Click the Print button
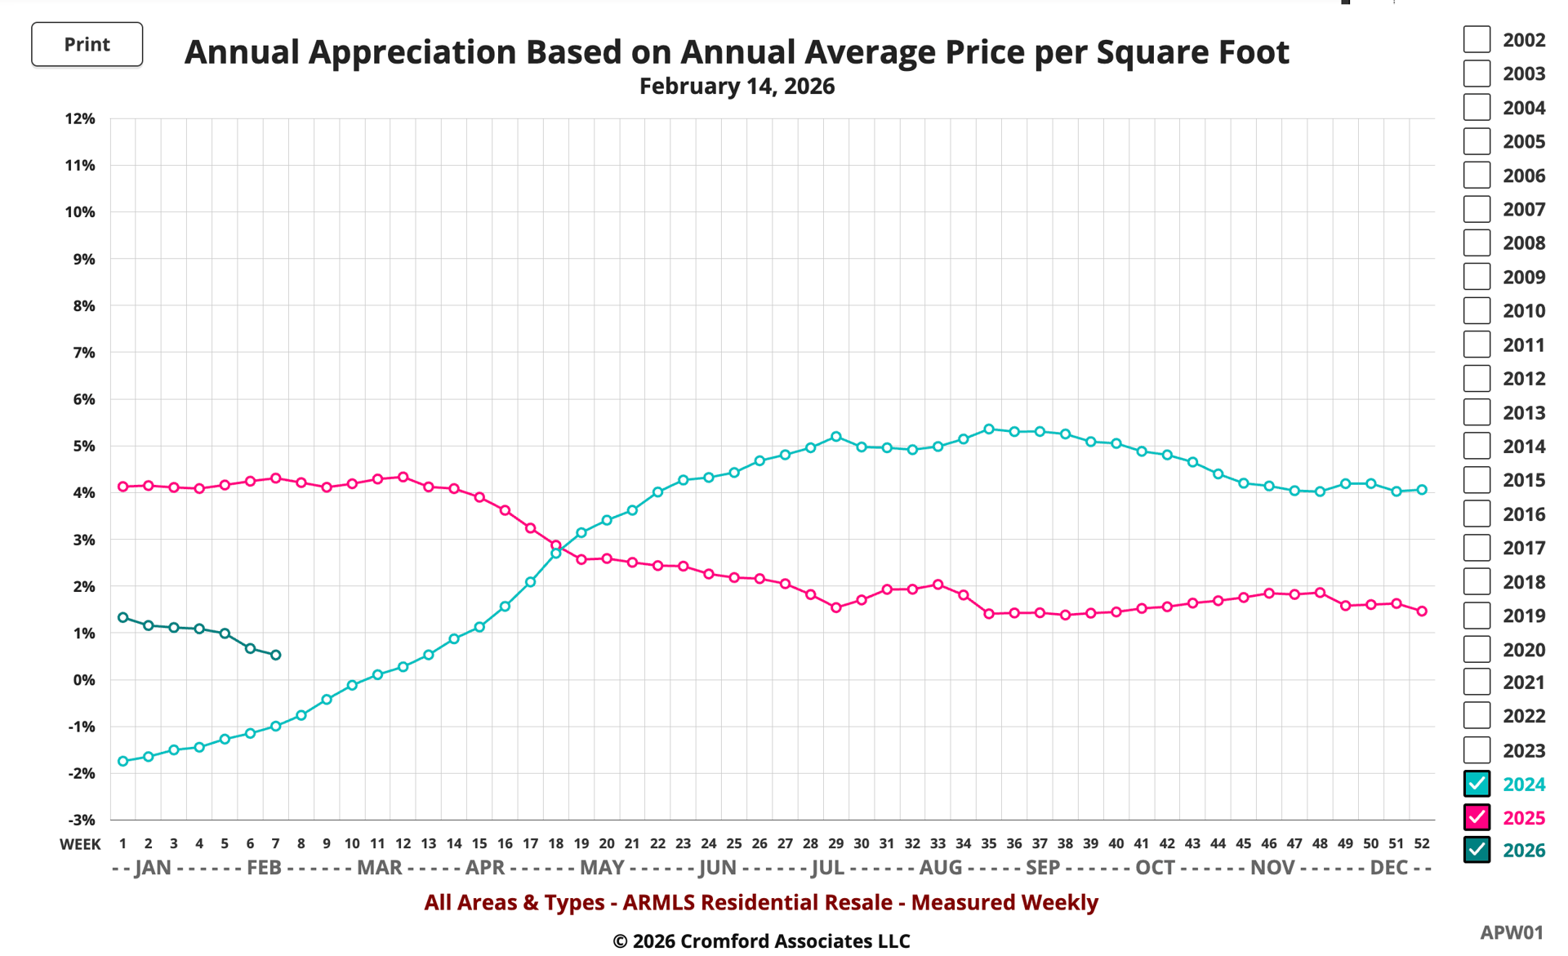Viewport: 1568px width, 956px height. [x=87, y=44]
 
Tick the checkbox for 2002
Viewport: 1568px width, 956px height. [x=1476, y=39]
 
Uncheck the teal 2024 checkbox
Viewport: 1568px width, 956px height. [x=1476, y=784]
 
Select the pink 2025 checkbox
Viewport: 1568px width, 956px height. [x=1476, y=817]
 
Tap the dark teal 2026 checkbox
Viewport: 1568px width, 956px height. [x=1476, y=850]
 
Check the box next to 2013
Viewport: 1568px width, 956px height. [x=1476, y=412]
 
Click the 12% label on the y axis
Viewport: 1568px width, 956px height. [x=80, y=119]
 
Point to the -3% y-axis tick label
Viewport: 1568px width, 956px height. [x=80, y=820]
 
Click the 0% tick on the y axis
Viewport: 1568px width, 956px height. [x=83, y=680]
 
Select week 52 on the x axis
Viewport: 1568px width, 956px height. [x=1421, y=843]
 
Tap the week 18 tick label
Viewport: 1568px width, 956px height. [x=555, y=843]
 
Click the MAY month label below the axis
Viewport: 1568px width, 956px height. [x=602, y=867]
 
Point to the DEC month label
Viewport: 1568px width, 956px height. [x=1388, y=867]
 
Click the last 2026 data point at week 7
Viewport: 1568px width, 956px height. [x=276, y=655]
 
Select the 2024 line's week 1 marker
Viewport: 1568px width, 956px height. [x=123, y=761]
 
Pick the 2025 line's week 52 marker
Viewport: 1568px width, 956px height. [x=1422, y=611]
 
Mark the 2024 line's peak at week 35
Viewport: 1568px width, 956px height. [x=989, y=429]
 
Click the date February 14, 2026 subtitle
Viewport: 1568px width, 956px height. [x=737, y=87]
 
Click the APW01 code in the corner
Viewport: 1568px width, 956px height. [x=1511, y=932]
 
